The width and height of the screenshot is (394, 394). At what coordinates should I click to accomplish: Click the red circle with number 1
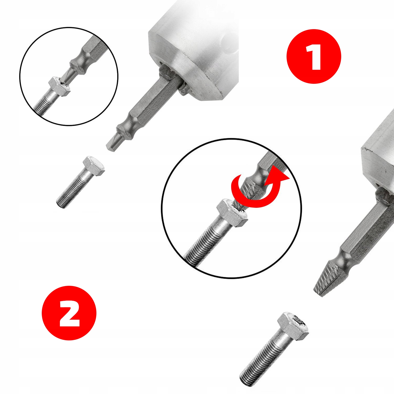tap(314, 56)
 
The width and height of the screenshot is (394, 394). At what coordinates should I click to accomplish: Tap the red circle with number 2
tap(69, 313)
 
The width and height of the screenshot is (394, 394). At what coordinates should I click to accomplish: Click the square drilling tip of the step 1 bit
tap(112, 143)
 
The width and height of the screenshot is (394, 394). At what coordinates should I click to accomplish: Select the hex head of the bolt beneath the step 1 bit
tap(94, 165)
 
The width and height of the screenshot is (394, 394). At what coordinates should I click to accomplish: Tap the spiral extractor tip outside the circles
tap(327, 279)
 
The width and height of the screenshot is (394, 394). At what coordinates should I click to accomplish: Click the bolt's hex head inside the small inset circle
tap(60, 86)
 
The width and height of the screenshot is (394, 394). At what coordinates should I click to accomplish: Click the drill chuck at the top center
tap(194, 53)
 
